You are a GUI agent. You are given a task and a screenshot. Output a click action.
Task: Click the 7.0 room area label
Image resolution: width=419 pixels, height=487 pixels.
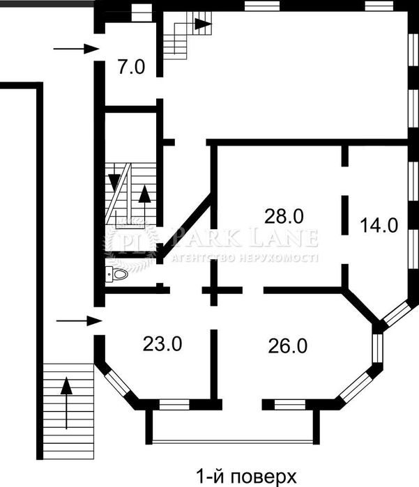click(131, 67)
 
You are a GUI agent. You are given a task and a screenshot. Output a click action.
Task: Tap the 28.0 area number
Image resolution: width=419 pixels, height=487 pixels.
click(284, 216)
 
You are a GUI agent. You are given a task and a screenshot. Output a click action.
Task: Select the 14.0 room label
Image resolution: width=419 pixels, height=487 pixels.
click(379, 225)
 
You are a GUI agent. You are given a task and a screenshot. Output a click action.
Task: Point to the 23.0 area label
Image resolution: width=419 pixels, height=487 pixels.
click(162, 344)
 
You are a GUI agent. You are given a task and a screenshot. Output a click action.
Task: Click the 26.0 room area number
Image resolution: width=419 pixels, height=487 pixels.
click(288, 346)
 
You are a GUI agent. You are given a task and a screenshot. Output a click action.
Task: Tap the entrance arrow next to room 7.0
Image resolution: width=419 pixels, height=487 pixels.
click(76, 49)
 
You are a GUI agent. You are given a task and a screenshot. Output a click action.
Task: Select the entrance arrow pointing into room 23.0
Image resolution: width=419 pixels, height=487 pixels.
click(79, 320)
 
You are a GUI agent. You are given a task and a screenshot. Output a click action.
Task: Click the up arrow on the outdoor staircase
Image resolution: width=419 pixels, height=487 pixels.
click(66, 403)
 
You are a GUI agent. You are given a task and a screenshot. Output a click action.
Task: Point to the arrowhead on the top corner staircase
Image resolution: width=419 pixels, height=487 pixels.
click(201, 23)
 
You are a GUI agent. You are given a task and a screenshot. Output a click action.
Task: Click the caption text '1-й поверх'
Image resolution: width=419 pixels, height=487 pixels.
click(246, 477)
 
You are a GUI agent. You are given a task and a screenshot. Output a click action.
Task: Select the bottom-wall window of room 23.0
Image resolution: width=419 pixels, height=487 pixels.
click(174, 405)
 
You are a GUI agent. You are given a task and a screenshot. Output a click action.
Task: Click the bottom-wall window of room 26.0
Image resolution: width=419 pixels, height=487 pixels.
click(290, 405)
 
